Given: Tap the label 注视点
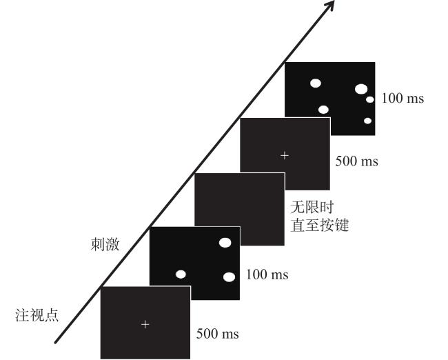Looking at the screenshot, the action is [x=37, y=314].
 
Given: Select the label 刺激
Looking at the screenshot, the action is [x=105, y=245].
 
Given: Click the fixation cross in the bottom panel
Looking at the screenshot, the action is [x=145, y=325].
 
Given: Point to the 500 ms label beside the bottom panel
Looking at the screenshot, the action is [x=217, y=334].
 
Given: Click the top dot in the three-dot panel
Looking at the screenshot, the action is [x=225, y=243].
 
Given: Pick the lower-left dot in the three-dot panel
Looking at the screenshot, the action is [x=181, y=274].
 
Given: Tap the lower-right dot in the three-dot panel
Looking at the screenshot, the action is [x=229, y=277].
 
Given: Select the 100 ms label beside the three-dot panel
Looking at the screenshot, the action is [x=267, y=274].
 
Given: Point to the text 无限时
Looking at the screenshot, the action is [x=312, y=207].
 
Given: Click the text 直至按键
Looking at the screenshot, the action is [x=320, y=226].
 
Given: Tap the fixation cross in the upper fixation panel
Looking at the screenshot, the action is [x=285, y=156].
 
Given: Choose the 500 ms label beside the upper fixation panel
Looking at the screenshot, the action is [x=356, y=161].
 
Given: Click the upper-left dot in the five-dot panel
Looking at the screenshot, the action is [x=316, y=83].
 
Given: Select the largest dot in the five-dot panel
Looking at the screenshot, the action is [x=361, y=89].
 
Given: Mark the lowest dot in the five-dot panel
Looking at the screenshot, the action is [x=368, y=121].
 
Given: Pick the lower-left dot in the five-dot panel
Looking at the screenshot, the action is [x=323, y=110].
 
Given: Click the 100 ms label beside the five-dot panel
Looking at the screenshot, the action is [x=403, y=98].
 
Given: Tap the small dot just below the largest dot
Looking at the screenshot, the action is [x=370, y=99].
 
